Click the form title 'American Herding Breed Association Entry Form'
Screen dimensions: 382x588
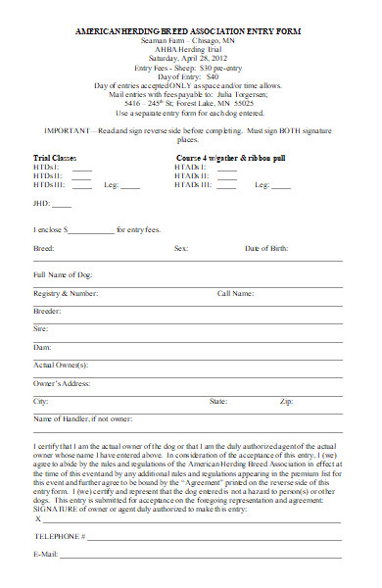[x=190, y=32]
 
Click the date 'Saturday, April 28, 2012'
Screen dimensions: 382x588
[x=190, y=59]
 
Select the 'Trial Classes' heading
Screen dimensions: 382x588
[x=56, y=157]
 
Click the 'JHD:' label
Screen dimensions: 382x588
[x=41, y=204]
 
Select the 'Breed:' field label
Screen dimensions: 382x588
[x=43, y=249]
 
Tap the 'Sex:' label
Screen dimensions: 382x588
[x=181, y=249]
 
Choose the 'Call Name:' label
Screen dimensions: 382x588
[x=236, y=292]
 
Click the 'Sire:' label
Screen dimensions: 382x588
[x=42, y=328]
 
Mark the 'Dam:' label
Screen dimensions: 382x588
[x=42, y=347]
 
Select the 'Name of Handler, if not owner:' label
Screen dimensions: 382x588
[x=82, y=418]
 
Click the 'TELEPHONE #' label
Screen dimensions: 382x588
[x=61, y=537]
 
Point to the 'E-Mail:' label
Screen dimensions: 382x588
[x=46, y=555]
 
